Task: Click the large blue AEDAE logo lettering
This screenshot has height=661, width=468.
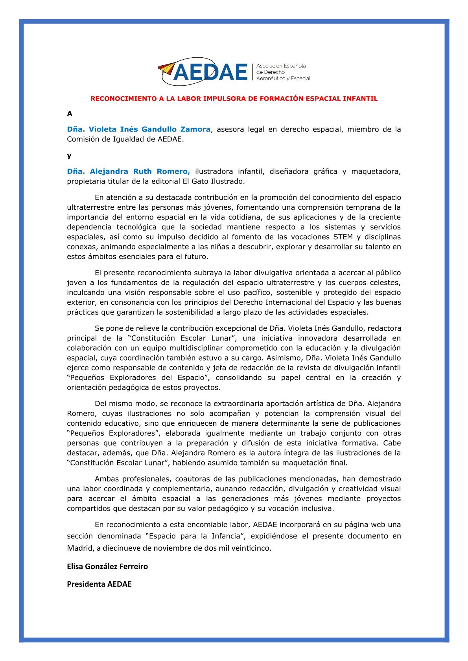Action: coord(211,72)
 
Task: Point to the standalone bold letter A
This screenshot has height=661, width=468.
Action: coord(70,114)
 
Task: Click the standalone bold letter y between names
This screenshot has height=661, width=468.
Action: coord(69,156)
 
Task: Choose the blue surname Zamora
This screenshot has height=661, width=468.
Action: coord(195,129)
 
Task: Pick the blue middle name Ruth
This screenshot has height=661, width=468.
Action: coord(142,171)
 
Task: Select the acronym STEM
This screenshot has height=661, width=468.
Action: coord(343,237)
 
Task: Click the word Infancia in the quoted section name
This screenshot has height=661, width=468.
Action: coord(226,536)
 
